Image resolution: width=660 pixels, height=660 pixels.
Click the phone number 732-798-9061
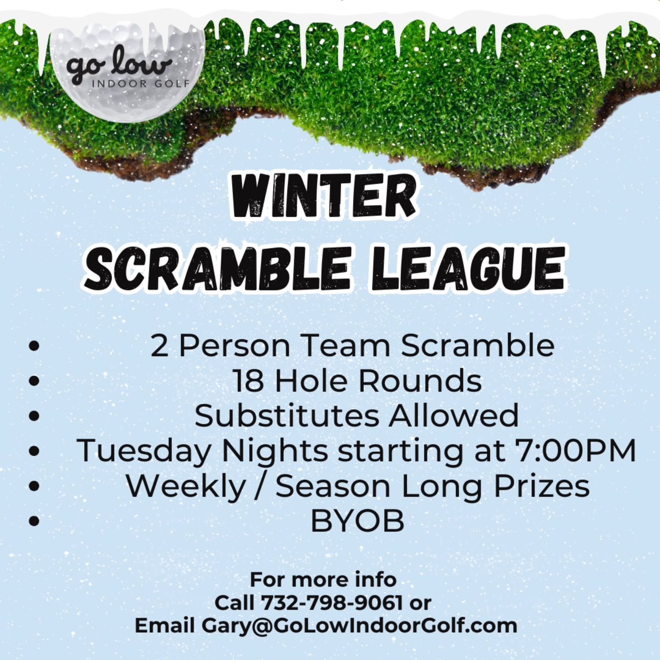point(331,603)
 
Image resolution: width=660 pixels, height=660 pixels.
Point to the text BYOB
point(357,521)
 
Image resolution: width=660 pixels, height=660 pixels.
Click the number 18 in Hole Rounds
point(247,381)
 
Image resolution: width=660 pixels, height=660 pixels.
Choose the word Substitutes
point(287,416)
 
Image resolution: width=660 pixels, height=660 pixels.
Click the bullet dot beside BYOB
point(34,521)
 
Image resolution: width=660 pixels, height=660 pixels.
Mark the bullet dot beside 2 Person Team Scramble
point(34,346)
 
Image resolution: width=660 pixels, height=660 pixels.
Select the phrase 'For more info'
point(323,580)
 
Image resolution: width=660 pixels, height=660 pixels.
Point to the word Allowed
point(454,416)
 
